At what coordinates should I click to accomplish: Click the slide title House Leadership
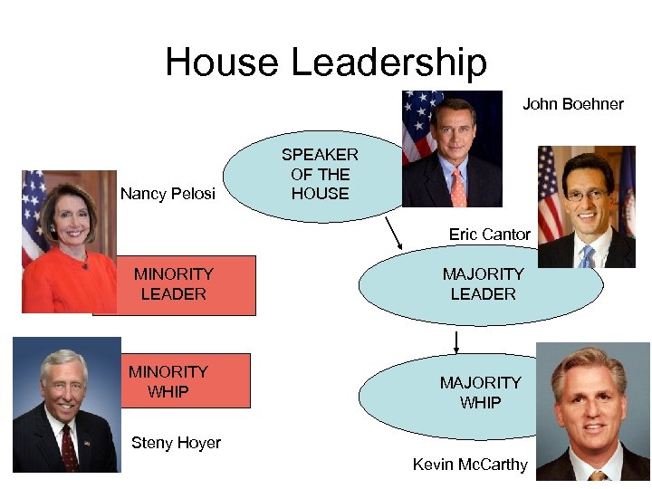(x=326, y=62)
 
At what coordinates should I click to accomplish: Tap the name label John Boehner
(x=572, y=104)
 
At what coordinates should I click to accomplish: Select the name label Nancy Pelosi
(x=168, y=194)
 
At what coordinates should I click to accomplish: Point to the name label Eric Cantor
(x=489, y=235)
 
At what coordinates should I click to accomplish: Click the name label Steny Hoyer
(x=176, y=443)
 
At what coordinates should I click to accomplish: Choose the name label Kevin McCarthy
(x=469, y=465)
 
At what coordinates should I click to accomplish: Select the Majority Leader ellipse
(x=480, y=284)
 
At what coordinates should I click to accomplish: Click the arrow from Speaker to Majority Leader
(x=395, y=235)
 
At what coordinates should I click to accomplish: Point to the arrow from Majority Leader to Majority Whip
(x=456, y=342)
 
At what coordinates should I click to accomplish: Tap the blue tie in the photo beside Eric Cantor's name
(x=588, y=256)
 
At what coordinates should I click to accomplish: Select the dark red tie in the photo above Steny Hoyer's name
(x=69, y=447)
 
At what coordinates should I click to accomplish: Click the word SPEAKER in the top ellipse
(x=320, y=155)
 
